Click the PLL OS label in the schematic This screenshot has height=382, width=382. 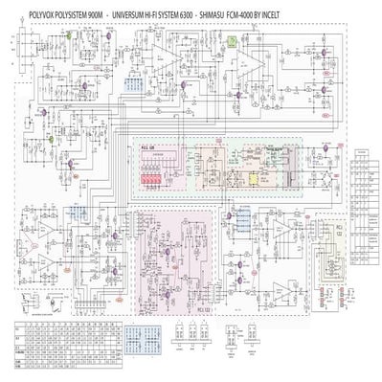pos(148,149)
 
